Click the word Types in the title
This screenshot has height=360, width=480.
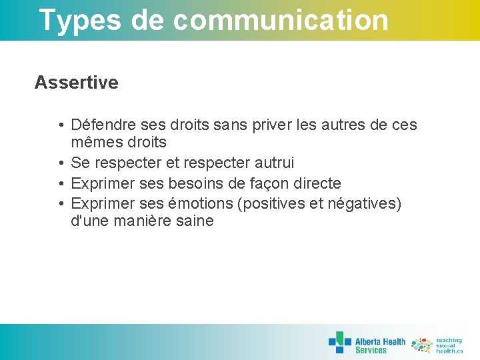point(80,20)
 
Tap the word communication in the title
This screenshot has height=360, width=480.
point(280,20)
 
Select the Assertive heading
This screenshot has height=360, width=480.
point(76,83)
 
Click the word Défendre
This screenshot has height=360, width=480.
point(101,125)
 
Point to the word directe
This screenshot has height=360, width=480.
point(317,183)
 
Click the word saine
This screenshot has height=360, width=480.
point(195,221)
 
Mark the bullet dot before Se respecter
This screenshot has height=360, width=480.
point(61,163)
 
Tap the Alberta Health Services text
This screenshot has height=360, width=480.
point(380,345)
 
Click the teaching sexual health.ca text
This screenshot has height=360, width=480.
point(449,345)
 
